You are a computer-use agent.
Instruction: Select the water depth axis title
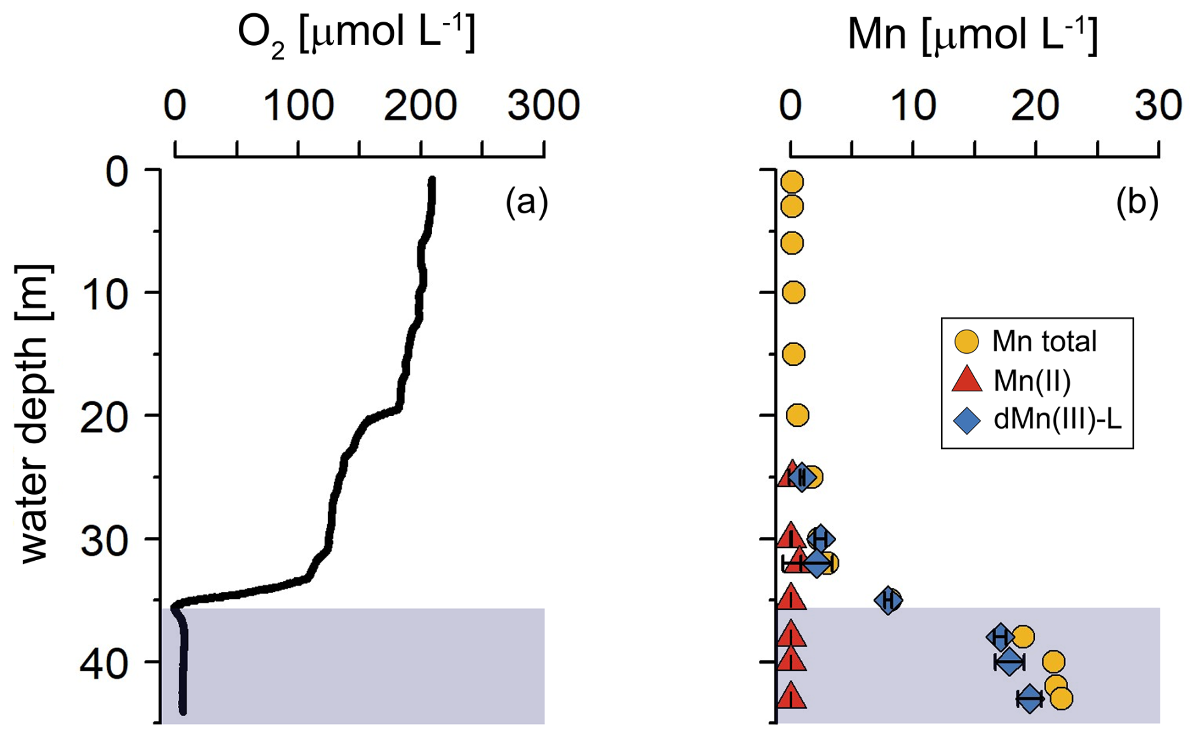(33, 413)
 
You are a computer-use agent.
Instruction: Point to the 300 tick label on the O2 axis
(543, 105)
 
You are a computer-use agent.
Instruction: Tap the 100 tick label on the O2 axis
(298, 105)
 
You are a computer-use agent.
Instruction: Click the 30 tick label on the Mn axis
(1159, 105)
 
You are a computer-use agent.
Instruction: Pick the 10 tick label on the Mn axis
(913, 105)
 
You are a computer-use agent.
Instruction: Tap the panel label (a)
(526, 203)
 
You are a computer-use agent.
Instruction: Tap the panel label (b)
(1137, 203)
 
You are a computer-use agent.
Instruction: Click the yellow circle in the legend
(966, 342)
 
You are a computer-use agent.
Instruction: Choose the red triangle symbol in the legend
(966, 380)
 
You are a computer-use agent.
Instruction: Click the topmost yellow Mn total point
(792, 182)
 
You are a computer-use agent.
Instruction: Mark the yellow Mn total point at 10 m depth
(793, 292)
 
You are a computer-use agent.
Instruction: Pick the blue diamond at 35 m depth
(888, 600)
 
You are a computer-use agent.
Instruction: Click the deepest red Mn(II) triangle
(791, 697)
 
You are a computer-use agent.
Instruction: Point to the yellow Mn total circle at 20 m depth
(797, 415)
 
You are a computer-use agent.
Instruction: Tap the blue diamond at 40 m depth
(1009, 662)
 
